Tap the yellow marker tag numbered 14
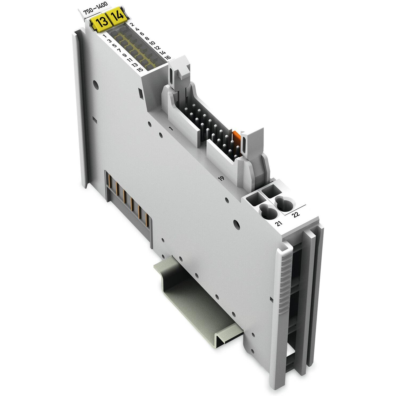click(x=117, y=17)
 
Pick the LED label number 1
click(x=105, y=36)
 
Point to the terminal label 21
click(x=279, y=223)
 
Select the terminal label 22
click(x=296, y=215)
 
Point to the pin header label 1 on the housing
click(x=171, y=128)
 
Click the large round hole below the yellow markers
click(x=95, y=86)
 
